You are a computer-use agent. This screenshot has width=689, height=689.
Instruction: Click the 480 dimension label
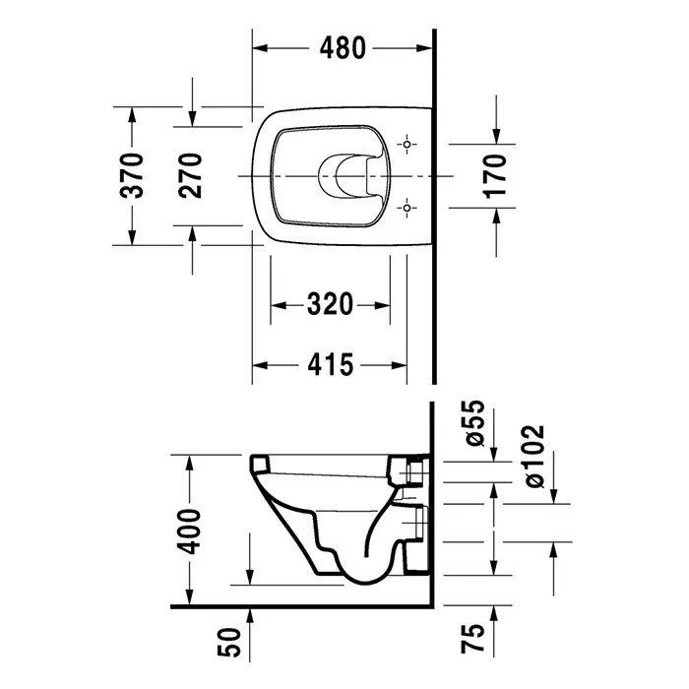pyautogui.click(x=343, y=48)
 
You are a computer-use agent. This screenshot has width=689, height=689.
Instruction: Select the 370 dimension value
pyautogui.click(x=132, y=176)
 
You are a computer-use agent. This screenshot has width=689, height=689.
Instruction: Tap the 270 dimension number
pyautogui.click(x=190, y=176)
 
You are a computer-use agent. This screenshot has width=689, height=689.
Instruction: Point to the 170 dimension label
pyautogui.click(x=495, y=176)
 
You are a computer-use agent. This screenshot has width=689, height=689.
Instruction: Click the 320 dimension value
pyautogui.click(x=330, y=304)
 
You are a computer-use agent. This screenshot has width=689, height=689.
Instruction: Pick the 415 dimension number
pyautogui.click(x=330, y=365)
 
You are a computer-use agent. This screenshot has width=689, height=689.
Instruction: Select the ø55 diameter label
pyautogui.click(x=475, y=422)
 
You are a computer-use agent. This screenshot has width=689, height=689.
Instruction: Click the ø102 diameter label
pyautogui.click(x=534, y=456)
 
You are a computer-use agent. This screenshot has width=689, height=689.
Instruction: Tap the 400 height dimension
pyautogui.click(x=188, y=532)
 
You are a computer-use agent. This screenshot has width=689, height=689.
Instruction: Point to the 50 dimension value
pyautogui.click(x=229, y=642)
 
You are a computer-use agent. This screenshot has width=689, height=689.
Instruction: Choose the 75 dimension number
pyautogui.click(x=472, y=638)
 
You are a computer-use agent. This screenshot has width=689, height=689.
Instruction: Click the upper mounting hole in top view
pyautogui.click(x=407, y=144)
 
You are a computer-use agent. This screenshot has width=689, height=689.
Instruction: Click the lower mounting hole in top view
pyautogui.click(x=407, y=208)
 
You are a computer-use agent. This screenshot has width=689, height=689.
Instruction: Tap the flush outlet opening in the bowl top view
pyautogui.click(x=343, y=176)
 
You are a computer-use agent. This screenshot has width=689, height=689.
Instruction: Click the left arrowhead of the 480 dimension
pyautogui.click(x=260, y=48)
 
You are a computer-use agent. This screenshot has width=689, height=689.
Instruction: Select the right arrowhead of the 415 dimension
pyautogui.click(x=399, y=365)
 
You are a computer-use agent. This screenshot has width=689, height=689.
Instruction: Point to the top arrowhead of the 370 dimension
pyautogui.click(x=132, y=115)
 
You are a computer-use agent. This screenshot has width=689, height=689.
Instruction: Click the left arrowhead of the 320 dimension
pyautogui.click(x=279, y=304)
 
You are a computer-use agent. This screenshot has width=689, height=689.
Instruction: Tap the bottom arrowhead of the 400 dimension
pyautogui.click(x=189, y=597)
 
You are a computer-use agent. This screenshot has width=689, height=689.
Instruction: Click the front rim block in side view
pyautogui.click(x=260, y=464)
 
